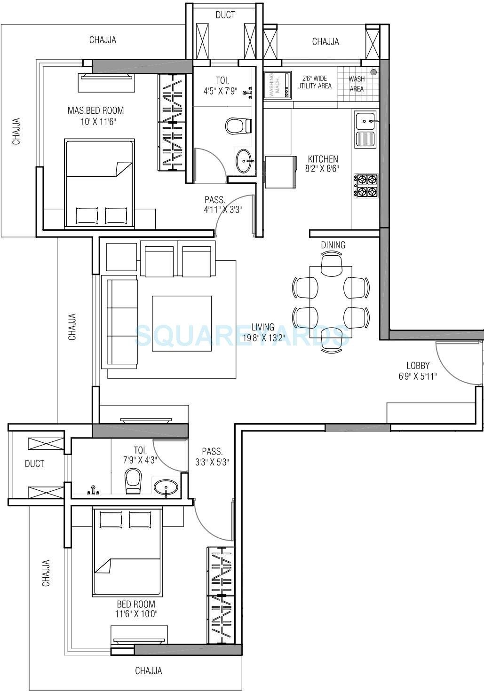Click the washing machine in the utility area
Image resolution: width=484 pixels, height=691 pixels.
(x=276, y=85)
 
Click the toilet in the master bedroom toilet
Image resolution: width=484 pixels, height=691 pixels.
(x=235, y=126)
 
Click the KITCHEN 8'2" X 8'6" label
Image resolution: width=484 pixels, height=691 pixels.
(x=323, y=164)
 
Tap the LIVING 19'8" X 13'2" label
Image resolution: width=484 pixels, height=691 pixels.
(x=263, y=332)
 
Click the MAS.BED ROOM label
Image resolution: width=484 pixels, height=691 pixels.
(x=96, y=116)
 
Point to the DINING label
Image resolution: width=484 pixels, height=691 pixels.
(x=333, y=245)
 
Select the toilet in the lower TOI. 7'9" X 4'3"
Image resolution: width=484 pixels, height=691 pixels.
(x=133, y=480)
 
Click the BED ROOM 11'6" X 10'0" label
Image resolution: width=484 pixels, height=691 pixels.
(x=136, y=609)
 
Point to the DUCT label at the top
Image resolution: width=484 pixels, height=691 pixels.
(x=225, y=15)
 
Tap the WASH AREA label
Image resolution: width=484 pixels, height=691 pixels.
(x=357, y=84)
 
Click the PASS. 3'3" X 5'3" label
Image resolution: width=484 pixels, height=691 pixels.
(x=212, y=456)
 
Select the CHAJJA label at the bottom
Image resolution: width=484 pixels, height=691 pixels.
(x=149, y=671)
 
